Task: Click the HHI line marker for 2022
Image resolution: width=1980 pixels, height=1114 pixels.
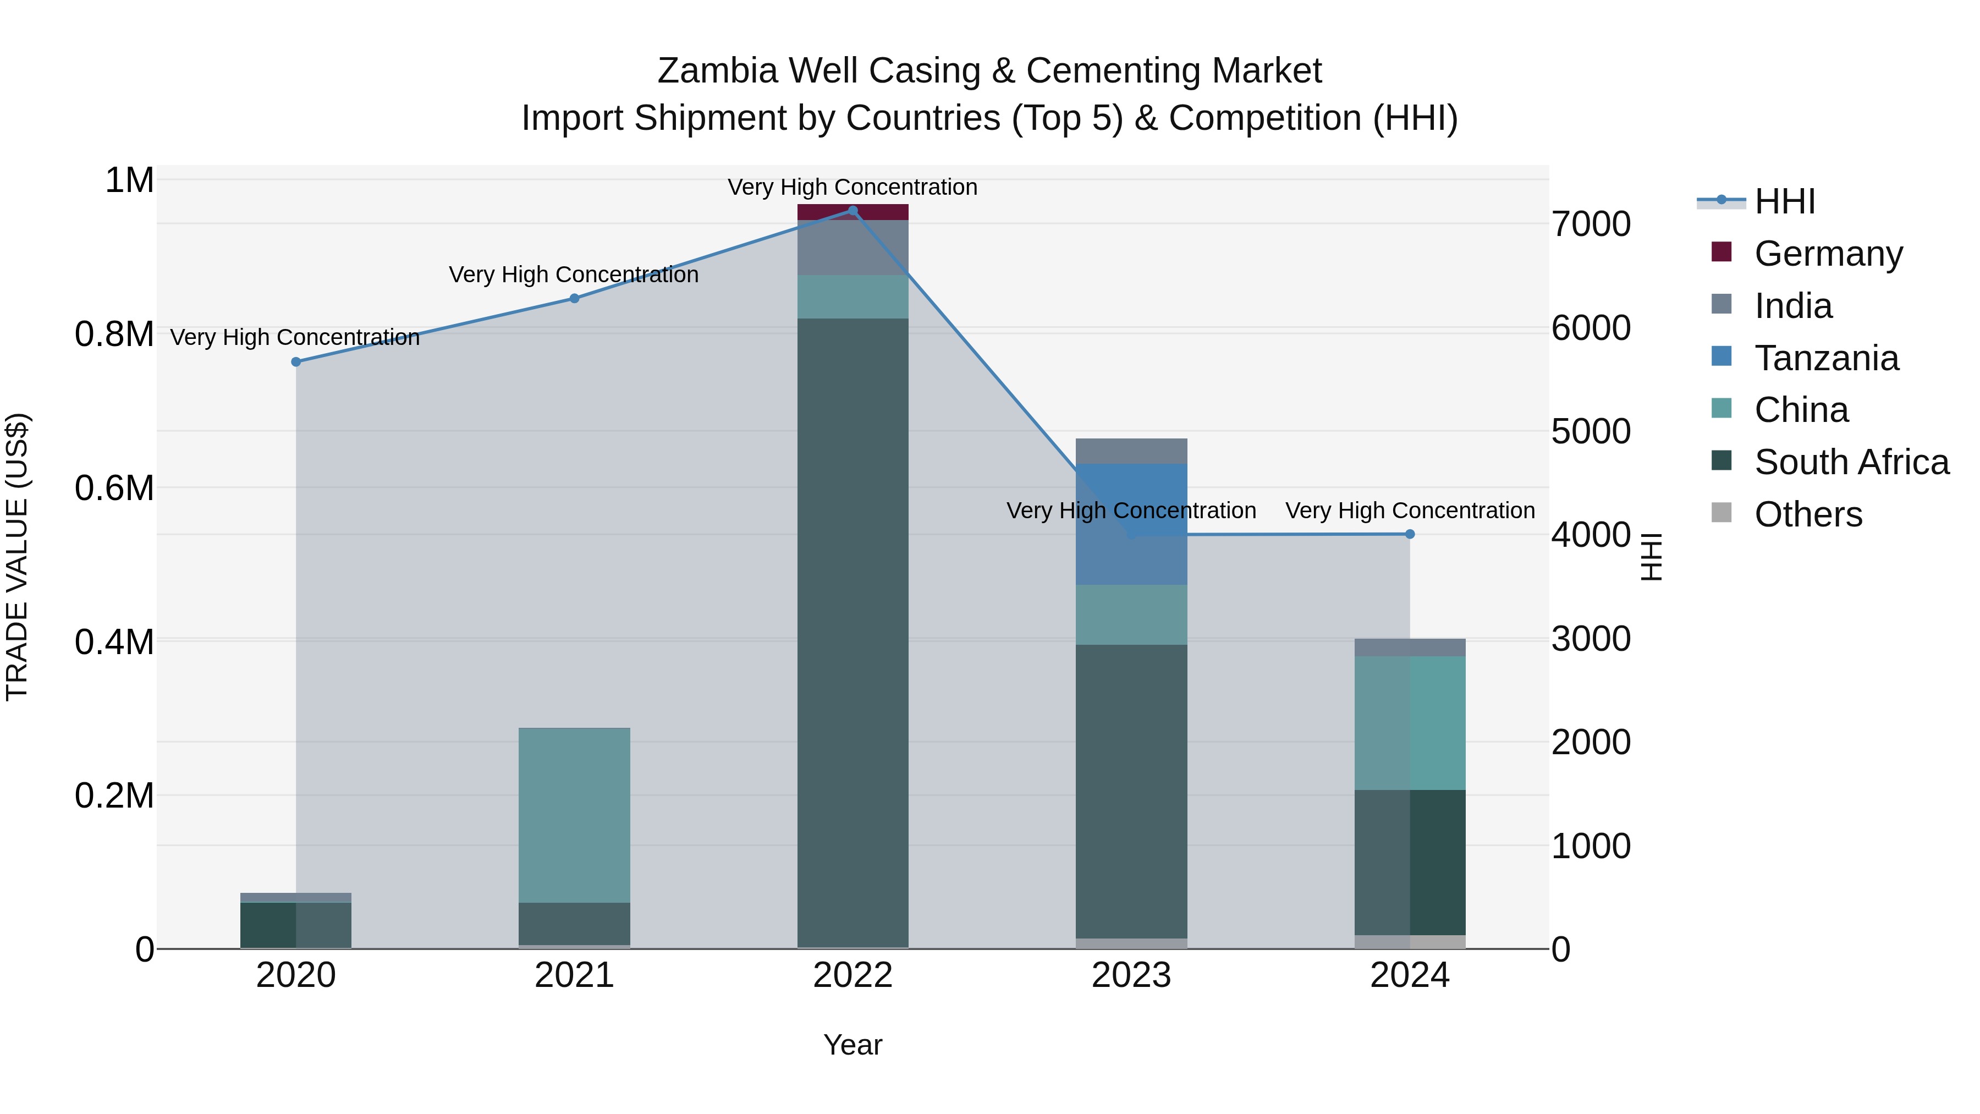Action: (x=853, y=211)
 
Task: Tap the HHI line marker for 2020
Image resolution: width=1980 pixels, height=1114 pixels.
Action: (x=296, y=361)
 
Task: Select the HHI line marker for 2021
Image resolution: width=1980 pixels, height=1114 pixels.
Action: (x=574, y=298)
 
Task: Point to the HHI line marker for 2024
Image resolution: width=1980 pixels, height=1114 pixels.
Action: (x=1410, y=534)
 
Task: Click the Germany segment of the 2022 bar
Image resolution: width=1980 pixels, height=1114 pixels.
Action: (x=853, y=212)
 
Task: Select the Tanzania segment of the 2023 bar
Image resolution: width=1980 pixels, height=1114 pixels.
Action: (x=1131, y=524)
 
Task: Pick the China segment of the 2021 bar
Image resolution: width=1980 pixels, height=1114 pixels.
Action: (x=574, y=815)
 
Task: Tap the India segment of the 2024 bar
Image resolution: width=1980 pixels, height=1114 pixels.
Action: (x=1410, y=647)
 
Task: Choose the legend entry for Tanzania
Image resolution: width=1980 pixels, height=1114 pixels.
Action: (x=1826, y=358)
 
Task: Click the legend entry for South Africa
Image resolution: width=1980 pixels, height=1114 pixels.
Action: (x=1851, y=462)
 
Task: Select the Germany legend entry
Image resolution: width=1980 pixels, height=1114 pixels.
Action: (x=1828, y=254)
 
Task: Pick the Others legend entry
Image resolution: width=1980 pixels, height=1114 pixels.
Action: (x=1808, y=514)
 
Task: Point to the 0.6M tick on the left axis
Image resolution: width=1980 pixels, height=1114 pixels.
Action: (x=114, y=488)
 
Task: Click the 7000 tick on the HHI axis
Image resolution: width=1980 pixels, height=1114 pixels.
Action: (x=1590, y=224)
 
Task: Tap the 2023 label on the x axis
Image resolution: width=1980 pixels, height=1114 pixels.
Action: (x=1131, y=975)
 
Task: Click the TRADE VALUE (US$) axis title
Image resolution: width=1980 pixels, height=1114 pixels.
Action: (x=17, y=557)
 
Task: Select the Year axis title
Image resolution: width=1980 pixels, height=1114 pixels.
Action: (x=853, y=1045)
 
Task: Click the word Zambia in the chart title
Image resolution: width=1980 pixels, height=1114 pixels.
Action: (x=719, y=71)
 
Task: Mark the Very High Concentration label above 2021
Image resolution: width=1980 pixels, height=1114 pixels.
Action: (x=574, y=275)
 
